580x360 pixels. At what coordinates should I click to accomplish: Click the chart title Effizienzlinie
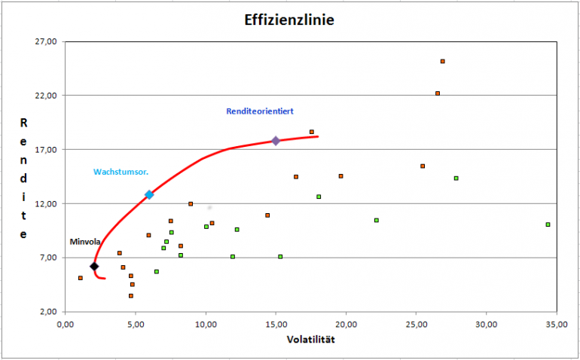click(x=290, y=20)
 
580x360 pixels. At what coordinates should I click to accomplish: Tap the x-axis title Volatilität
click(x=310, y=339)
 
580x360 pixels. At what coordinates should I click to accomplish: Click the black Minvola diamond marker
click(x=94, y=267)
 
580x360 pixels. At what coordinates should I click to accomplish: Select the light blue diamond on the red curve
click(x=149, y=195)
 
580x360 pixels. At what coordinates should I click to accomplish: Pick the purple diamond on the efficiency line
click(x=276, y=141)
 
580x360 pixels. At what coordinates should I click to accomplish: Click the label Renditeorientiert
click(x=260, y=111)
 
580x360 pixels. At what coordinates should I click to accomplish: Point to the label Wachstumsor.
click(x=121, y=172)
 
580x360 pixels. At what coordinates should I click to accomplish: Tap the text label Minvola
click(x=84, y=242)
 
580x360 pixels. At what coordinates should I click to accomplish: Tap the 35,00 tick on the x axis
click(x=557, y=325)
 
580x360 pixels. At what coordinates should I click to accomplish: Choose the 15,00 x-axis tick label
click(x=276, y=325)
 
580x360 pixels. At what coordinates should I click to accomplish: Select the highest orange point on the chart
click(x=443, y=61)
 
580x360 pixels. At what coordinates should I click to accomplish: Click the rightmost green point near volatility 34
click(x=548, y=224)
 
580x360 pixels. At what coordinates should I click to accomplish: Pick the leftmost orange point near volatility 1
click(x=81, y=278)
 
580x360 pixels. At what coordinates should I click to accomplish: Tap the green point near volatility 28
click(x=456, y=178)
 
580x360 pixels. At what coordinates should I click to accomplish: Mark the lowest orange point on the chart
click(x=131, y=296)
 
